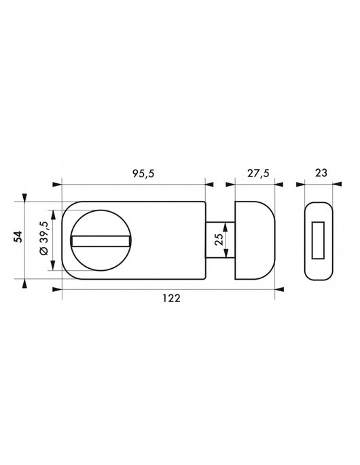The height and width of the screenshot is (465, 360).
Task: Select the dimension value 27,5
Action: [x=257, y=174]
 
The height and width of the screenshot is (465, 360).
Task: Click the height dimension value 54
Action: [x=19, y=237]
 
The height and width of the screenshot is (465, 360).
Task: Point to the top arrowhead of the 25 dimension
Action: [x=226, y=225]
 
